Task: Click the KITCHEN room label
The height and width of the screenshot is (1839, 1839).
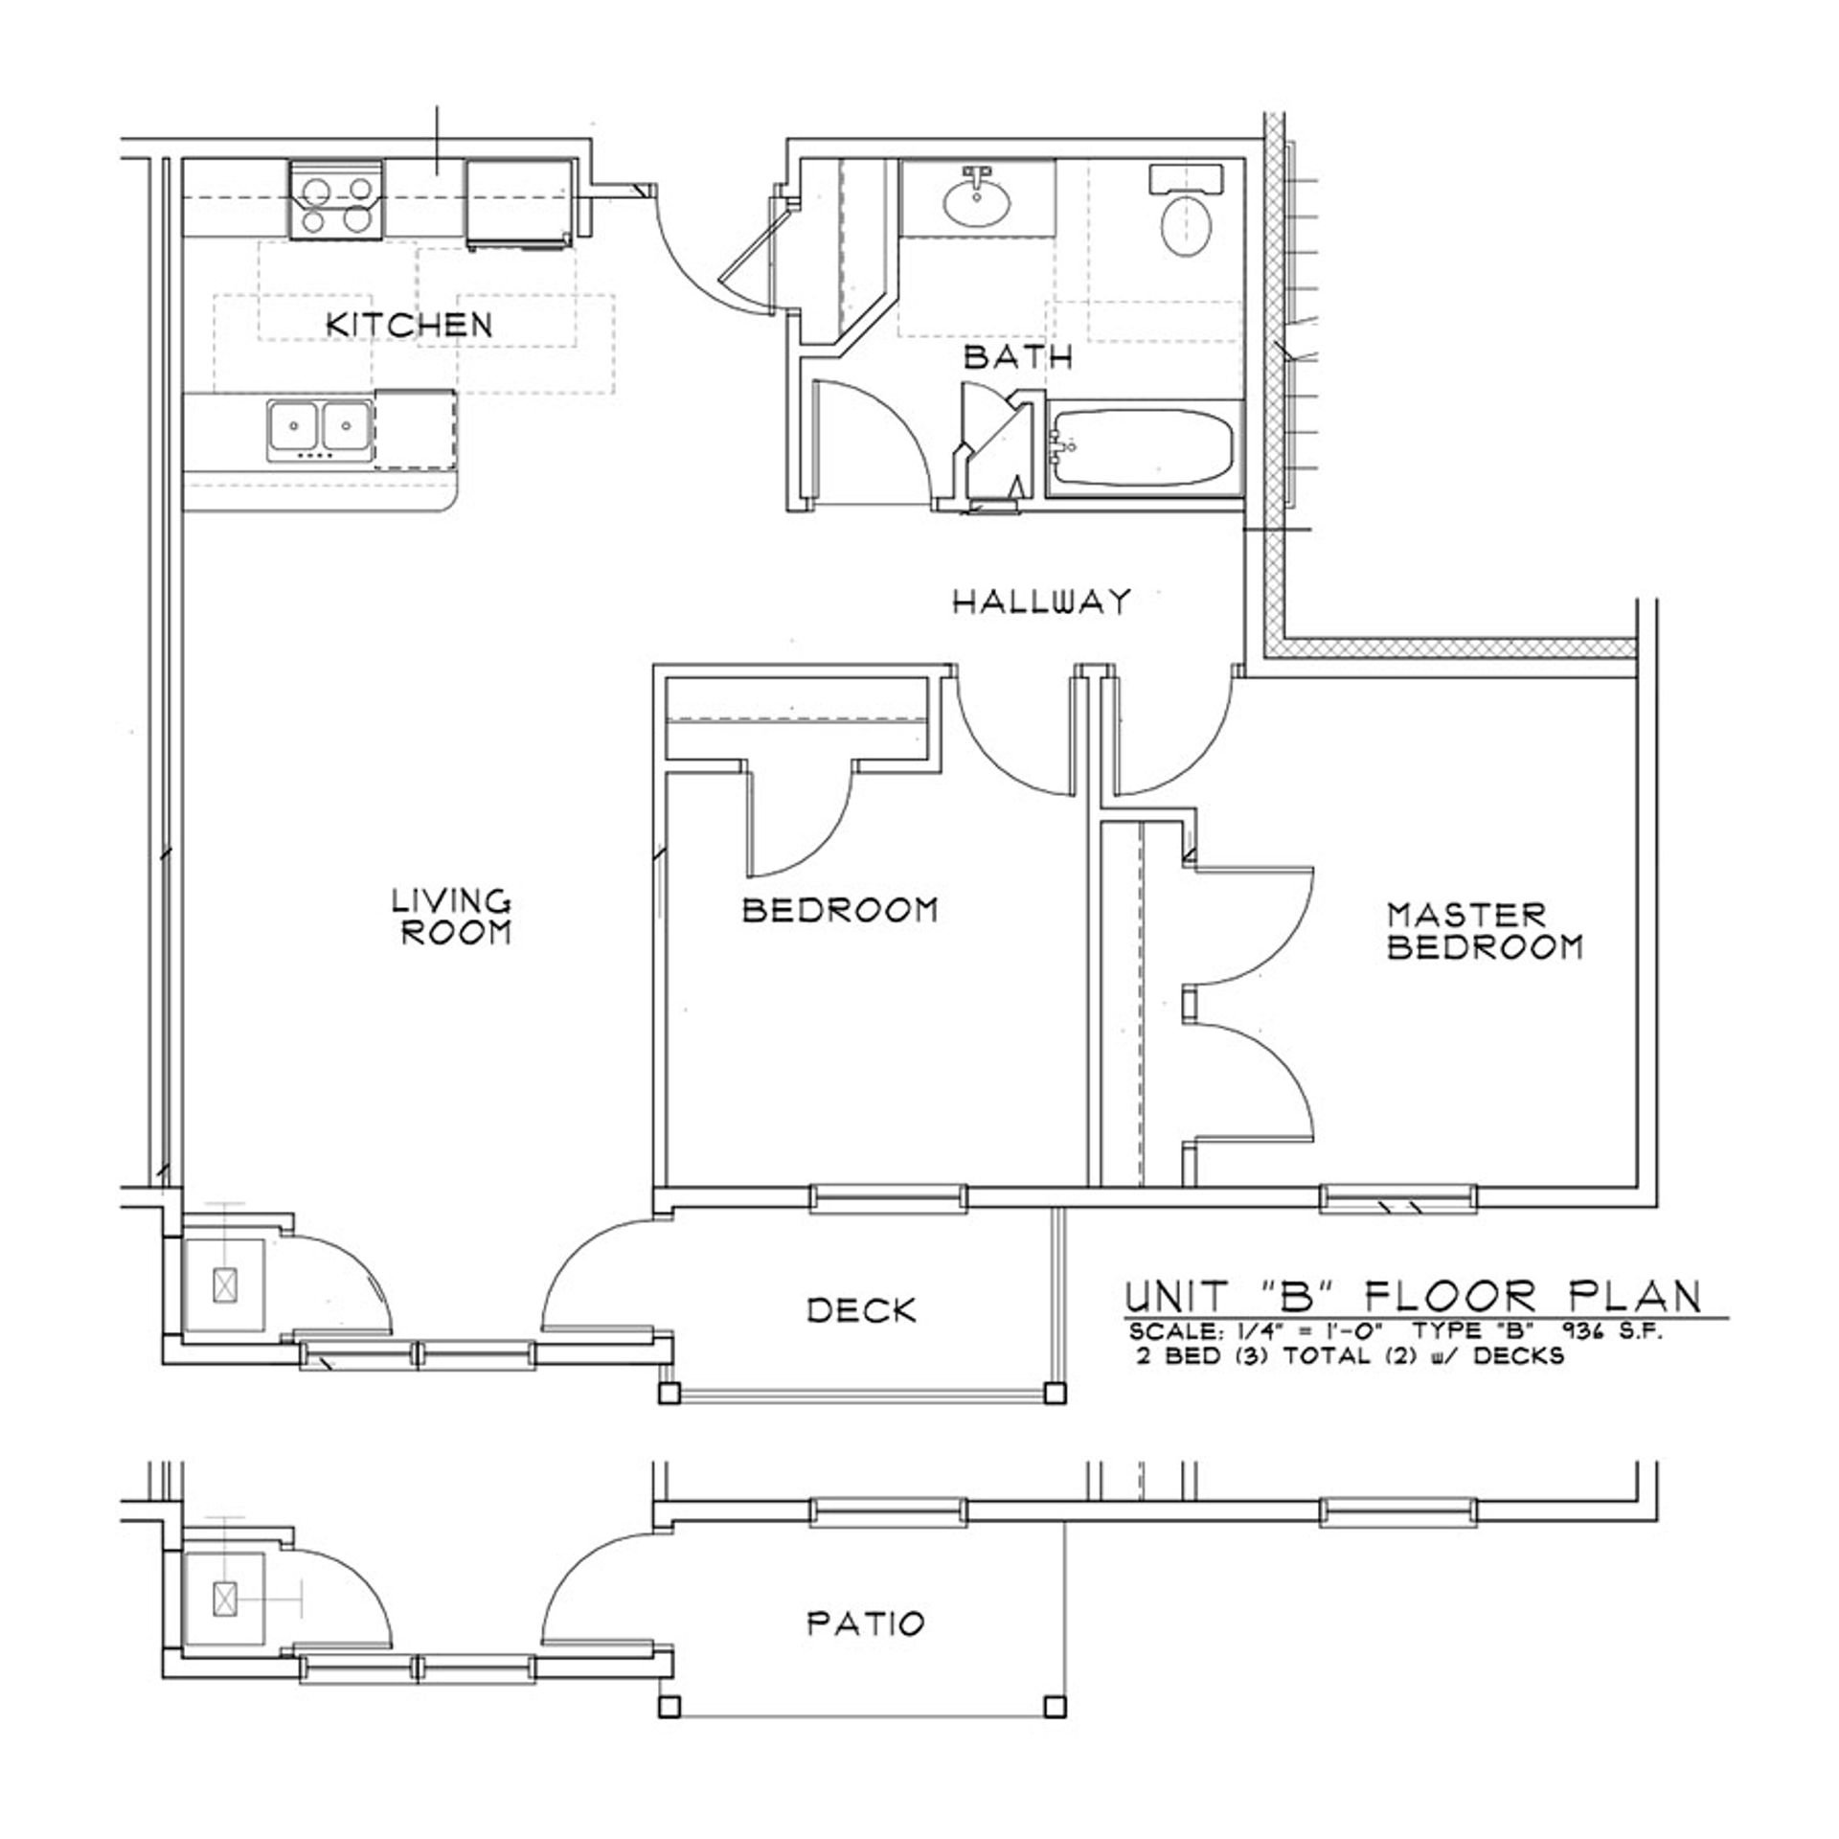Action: (409, 324)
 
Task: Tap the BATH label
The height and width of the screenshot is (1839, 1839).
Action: (1017, 357)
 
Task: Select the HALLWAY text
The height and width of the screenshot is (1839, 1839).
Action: (1042, 602)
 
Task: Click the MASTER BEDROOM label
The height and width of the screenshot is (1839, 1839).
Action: (1485, 931)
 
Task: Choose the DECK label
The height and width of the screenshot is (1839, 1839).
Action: (862, 1310)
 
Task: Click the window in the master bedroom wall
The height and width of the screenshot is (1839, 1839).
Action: (1398, 1198)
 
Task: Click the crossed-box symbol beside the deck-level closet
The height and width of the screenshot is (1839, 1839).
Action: (225, 1284)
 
